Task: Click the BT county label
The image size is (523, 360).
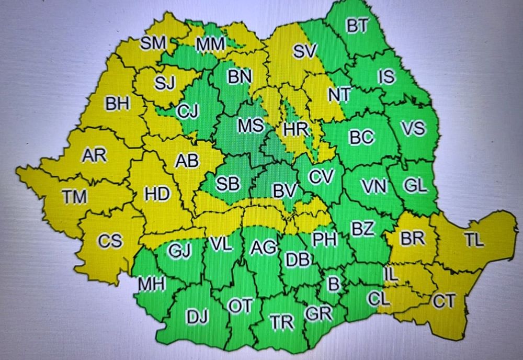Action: pyautogui.click(x=358, y=26)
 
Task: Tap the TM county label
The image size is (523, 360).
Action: pyautogui.click(x=74, y=197)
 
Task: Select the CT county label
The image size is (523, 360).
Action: pyautogui.click(x=444, y=301)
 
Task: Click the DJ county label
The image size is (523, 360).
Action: pyautogui.click(x=198, y=317)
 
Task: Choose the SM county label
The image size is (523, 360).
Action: pyautogui.click(x=153, y=43)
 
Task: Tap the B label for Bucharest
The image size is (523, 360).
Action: pyautogui.click(x=333, y=284)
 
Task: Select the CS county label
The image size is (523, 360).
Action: pyautogui.click(x=110, y=241)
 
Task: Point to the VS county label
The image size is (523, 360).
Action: pyautogui.click(x=413, y=128)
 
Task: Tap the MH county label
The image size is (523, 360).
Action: pyautogui.click(x=152, y=284)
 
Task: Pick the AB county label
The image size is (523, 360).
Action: pyautogui.click(x=187, y=161)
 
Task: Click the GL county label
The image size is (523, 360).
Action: pyautogui.click(x=416, y=185)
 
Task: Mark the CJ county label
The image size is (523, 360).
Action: pyautogui.click(x=187, y=111)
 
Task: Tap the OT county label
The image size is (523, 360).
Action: pyautogui.click(x=241, y=307)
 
